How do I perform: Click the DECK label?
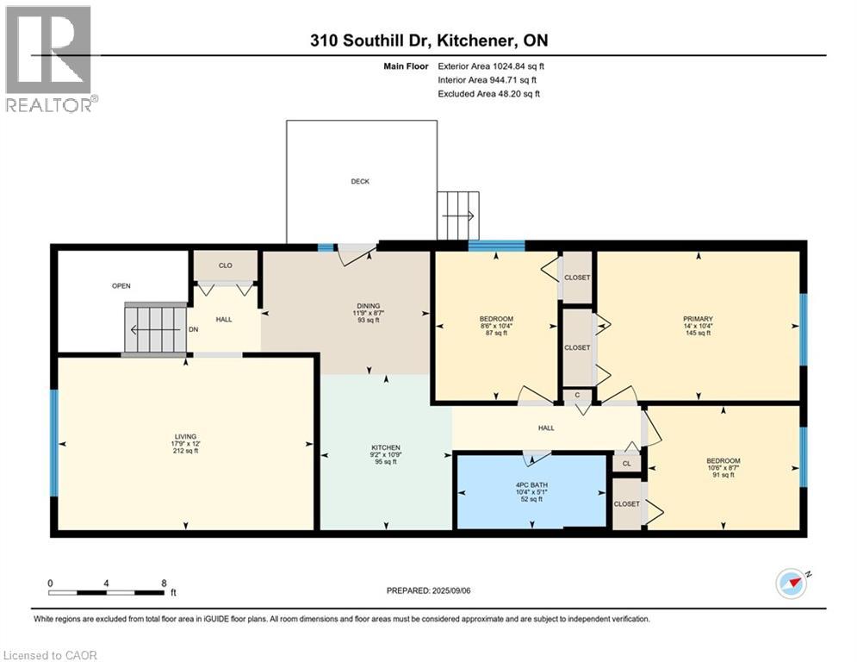point(360,181)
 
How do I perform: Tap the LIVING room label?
point(186,436)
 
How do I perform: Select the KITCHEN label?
point(386,447)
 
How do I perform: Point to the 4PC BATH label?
point(531,484)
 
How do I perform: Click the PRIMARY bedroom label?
point(698,319)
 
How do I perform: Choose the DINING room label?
point(369,306)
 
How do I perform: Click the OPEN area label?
point(121,285)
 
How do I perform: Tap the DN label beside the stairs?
point(194,329)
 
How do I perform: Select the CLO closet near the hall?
point(225,265)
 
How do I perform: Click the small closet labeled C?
point(577,395)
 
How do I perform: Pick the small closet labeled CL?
point(627,464)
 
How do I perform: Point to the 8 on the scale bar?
point(164,584)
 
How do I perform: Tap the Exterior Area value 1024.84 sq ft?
point(519,66)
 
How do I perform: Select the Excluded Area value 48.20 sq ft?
point(519,94)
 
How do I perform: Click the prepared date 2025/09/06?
point(451,590)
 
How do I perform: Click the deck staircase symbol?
point(458,215)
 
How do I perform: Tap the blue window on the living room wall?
point(53,442)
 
